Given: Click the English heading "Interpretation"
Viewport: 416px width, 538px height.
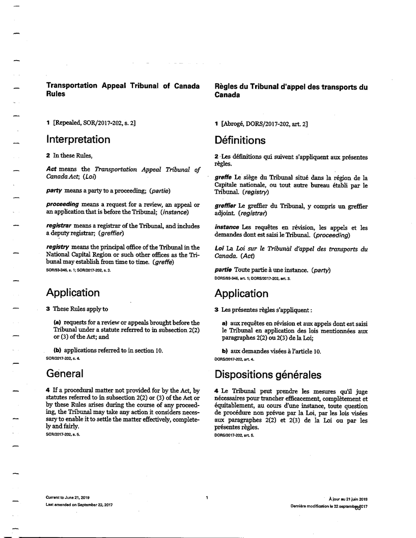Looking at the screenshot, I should tap(78, 139).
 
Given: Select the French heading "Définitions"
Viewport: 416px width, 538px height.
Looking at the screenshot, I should tap(240, 140).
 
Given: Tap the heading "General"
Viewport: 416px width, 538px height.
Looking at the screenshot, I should tap(65, 373).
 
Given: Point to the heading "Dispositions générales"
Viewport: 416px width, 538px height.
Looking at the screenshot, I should tap(268, 374).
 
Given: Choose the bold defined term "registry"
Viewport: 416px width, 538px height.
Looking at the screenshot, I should tap(57, 247).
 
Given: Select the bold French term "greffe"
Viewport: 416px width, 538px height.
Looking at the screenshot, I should tap(223, 177).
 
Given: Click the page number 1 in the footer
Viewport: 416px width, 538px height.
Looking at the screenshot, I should tap(207, 497).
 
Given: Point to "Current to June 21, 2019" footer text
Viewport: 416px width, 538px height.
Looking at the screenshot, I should tap(68, 497).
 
